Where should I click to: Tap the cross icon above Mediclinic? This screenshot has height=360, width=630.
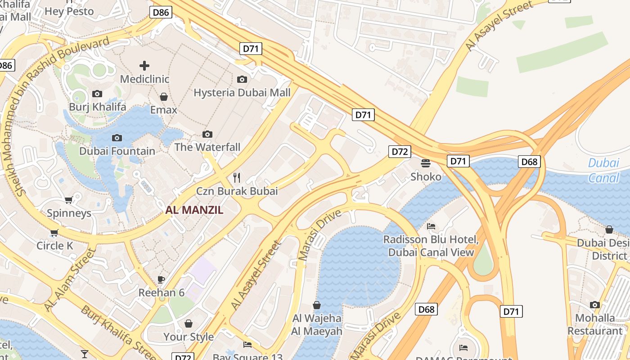pyautogui.click(x=144, y=66)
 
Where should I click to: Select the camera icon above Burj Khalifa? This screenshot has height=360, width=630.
pyautogui.click(x=97, y=94)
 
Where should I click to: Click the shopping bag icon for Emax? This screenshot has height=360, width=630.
pyautogui.click(x=164, y=97)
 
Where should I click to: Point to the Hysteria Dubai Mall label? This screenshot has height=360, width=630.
pyautogui.click(x=242, y=93)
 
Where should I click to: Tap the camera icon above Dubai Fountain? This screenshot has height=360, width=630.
pyautogui.click(x=117, y=138)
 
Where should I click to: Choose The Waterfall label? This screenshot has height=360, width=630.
pyautogui.click(x=207, y=147)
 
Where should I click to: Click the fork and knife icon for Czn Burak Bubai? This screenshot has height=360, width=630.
pyautogui.click(x=237, y=178)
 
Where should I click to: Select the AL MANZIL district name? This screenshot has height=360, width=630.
pyautogui.click(x=194, y=210)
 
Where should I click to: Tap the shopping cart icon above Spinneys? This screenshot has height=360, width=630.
pyautogui.click(x=69, y=200)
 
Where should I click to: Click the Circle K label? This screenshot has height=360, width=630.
pyautogui.click(x=54, y=246)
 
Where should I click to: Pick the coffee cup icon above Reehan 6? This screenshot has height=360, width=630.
pyautogui.click(x=161, y=279)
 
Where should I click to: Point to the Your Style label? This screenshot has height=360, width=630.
pyautogui.click(x=189, y=337)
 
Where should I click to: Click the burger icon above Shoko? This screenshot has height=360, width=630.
pyautogui.click(x=426, y=163)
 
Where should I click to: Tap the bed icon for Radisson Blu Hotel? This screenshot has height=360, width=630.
pyautogui.click(x=431, y=226)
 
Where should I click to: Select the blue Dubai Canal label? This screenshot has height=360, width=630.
pyautogui.click(x=603, y=170)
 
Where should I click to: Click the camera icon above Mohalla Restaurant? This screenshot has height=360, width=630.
pyautogui.click(x=595, y=305)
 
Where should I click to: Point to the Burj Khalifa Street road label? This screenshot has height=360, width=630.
pyautogui.click(x=119, y=331)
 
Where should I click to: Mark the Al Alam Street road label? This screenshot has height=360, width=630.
pyautogui.click(x=70, y=279)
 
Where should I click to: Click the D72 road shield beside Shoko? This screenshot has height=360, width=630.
pyautogui.click(x=400, y=152)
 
